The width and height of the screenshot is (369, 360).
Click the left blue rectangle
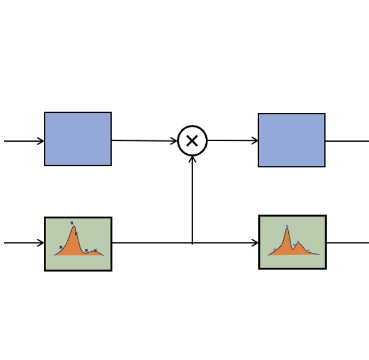point(78,139)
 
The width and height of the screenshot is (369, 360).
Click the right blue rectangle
point(291,140)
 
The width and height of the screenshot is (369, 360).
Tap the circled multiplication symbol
point(192,141)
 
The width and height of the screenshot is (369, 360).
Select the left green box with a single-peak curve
point(78,244)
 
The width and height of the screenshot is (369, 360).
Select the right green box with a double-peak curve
point(292,242)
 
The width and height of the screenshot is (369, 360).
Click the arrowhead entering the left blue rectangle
point(41,141)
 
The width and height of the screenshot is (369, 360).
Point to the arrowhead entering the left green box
point(41,242)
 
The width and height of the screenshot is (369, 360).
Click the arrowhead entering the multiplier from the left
point(174,141)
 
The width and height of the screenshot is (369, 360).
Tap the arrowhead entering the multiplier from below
point(192,159)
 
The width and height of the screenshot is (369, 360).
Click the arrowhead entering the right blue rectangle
point(255,141)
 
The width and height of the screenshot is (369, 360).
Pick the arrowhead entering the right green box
point(255,242)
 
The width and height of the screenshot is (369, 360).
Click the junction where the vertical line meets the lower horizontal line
point(192,242)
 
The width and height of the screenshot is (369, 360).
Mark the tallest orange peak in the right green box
point(287,232)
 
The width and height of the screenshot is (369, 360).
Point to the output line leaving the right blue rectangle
point(346,141)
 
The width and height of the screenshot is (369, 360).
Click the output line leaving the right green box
point(347,242)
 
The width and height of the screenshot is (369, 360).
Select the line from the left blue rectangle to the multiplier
point(144,141)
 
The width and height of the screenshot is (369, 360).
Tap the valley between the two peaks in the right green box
point(293,248)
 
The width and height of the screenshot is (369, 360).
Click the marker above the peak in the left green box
point(72,223)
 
